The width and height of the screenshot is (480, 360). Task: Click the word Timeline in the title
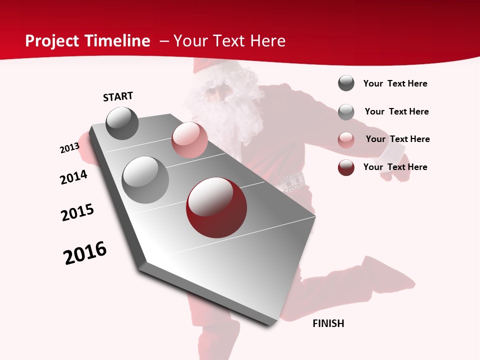click(x=117, y=41)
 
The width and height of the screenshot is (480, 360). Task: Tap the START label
click(x=118, y=96)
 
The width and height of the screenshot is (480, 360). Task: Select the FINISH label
click(x=328, y=323)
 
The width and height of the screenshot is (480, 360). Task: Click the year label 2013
click(x=69, y=148)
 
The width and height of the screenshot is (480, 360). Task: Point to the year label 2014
click(x=74, y=177)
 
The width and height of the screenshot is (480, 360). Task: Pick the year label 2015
click(x=77, y=212)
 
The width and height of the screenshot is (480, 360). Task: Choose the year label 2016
click(x=85, y=253)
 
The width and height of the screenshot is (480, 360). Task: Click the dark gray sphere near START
click(x=122, y=123)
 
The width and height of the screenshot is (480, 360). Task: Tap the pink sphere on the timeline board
click(x=189, y=140)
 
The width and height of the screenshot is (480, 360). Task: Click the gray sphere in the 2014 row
click(x=145, y=180)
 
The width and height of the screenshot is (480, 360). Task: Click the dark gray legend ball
click(x=346, y=83)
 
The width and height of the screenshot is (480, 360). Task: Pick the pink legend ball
click(x=346, y=140)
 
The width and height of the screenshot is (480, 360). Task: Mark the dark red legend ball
click(x=346, y=167)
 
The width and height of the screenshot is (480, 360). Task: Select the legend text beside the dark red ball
click(x=395, y=167)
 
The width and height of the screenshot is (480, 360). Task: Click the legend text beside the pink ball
click(x=397, y=139)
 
